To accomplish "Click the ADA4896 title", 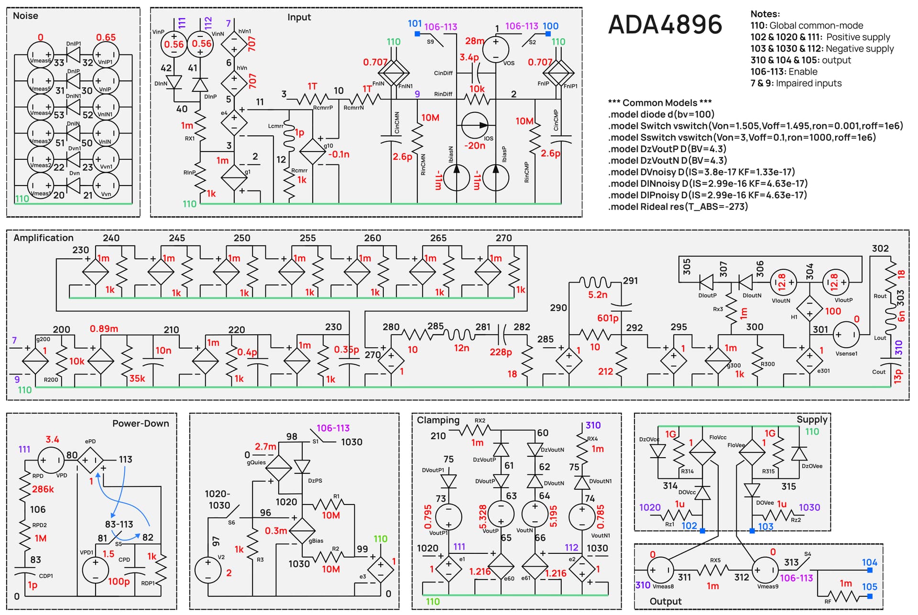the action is [x=665, y=24].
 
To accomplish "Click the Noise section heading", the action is [x=25, y=16].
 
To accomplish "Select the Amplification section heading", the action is [x=44, y=238].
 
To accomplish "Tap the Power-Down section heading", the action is [x=141, y=423].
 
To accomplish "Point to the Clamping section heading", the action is [x=438, y=420].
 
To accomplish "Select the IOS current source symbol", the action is [x=475, y=125].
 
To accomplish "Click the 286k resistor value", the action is [x=43, y=489].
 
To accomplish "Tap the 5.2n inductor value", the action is [x=598, y=295].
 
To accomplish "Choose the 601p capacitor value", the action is [x=608, y=318].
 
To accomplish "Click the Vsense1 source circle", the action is [x=846, y=335].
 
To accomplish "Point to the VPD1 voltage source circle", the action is [x=96, y=570].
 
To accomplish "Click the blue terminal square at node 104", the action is [x=870, y=570].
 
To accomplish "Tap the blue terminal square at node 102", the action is [x=702, y=531].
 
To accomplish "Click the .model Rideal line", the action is [x=678, y=207].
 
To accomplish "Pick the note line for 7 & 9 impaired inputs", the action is [x=796, y=83].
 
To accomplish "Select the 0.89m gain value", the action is [x=104, y=329].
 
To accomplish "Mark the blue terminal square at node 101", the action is [x=417, y=34].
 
